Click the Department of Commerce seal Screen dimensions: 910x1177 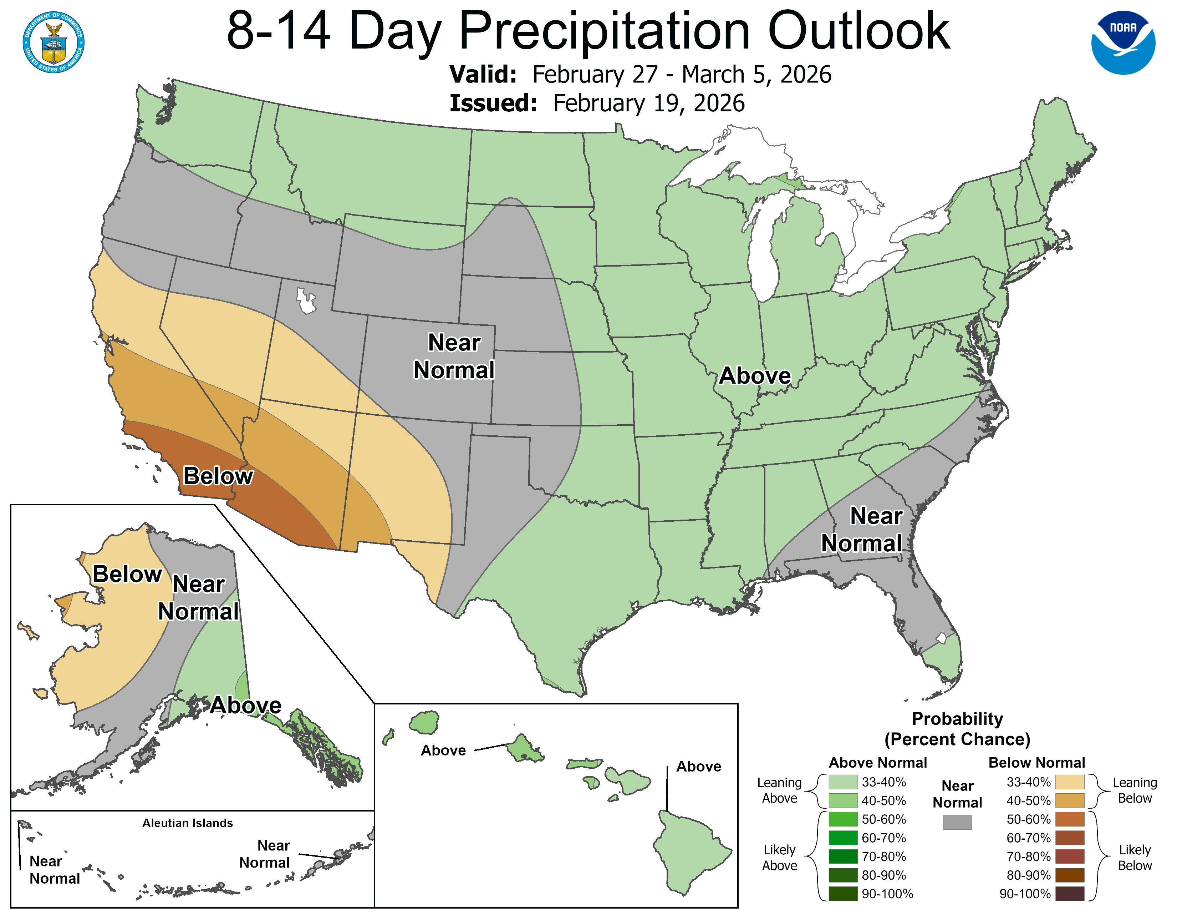(x=53, y=42)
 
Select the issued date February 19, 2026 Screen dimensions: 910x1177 (x=648, y=103)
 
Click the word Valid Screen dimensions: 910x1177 (x=483, y=74)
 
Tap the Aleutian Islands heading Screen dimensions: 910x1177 (x=188, y=823)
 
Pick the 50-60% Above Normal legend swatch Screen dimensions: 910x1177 (x=842, y=819)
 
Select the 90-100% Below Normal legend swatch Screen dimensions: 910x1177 (x=1069, y=893)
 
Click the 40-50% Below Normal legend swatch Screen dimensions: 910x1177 (x=1069, y=800)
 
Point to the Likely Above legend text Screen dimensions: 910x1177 (x=779, y=857)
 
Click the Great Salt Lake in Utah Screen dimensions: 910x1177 (x=306, y=301)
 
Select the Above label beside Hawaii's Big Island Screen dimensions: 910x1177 (x=698, y=766)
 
